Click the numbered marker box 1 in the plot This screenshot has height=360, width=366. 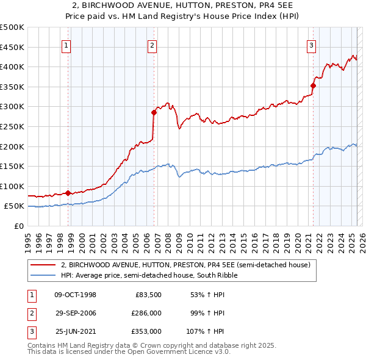tap(66, 45)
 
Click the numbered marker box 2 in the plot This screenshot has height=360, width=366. tap(152, 45)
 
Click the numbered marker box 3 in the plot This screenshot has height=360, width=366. tap(311, 45)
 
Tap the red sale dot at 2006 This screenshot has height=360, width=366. tap(154, 112)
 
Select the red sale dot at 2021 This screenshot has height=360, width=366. tap(314, 86)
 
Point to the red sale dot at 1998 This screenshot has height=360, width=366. tap(68, 193)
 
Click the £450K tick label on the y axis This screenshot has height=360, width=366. tap(12, 47)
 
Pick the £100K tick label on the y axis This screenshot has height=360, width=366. tap(12, 186)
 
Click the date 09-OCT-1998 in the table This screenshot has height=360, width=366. tap(75, 295)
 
